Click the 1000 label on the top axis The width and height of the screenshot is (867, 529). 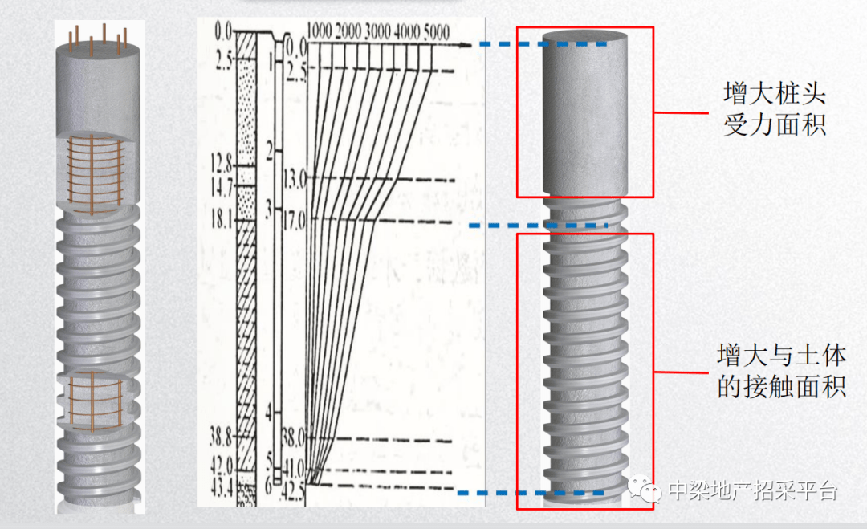click(x=319, y=31)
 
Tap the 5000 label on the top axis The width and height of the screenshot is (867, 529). click(x=437, y=33)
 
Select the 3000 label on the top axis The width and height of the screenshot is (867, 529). click(x=377, y=31)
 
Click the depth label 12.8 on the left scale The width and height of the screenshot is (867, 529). click(x=222, y=163)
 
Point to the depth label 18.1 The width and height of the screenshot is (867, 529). click(x=222, y=220)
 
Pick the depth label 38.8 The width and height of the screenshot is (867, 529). click(x=222, y=437)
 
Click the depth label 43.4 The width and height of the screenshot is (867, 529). click(x=222, y=487)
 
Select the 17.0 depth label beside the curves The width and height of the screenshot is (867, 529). click(x=294, y=222)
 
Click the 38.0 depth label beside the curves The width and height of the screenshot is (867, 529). click(x=294, y=439)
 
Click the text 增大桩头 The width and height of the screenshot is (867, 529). click(x=775, y=93)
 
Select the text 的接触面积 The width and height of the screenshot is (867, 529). click(x=782, y=386)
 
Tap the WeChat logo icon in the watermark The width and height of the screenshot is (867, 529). click(x=644, y=489)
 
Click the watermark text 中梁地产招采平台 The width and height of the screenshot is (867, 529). click(x=752, y=490)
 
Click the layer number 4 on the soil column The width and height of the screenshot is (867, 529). click(x=269, y=412)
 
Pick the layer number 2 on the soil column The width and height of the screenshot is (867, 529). click(x=270, y=150)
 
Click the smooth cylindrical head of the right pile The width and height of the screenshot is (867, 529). click(x=585, y=114)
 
